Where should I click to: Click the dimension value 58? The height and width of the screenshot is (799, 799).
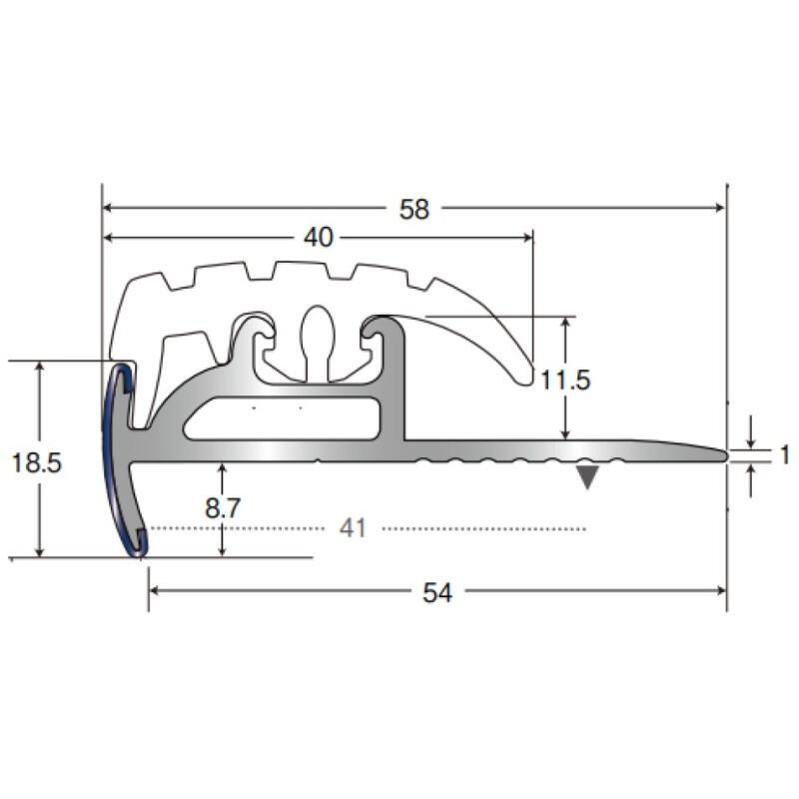pyautogui.click(x=414, y=209)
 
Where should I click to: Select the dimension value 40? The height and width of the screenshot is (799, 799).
pyautogui.click(x=319, y=238)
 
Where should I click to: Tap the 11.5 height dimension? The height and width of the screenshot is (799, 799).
pyautogui.click(x=565, y=381)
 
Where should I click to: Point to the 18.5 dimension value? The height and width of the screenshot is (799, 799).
pyautogui.click(x=36, y=463)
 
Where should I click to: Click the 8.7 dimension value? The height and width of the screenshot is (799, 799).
pyautogui.click(x=223, y=508)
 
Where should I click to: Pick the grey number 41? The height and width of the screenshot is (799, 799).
pyautogui.click(x=354, y=528)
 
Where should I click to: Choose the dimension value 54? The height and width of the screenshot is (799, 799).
pyautogui.click(x=437, y=593)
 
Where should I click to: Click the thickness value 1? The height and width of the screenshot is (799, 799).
pyautogui.click(x=785, y=455)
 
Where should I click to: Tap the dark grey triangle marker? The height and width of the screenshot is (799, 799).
pyautogui.click(x=587, y=478)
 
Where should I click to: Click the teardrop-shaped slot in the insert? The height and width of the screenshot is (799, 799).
pyautogui.click(x=318, y=342)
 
